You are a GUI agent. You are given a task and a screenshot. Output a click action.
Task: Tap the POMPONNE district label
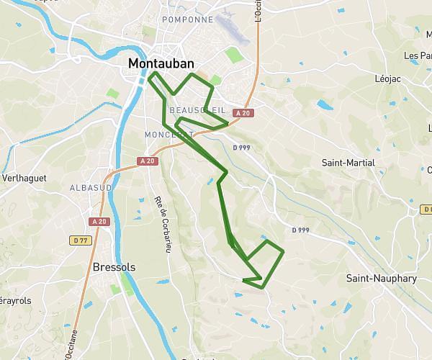pos(188,19)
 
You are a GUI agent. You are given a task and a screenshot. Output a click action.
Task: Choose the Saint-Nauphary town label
pos(381,278)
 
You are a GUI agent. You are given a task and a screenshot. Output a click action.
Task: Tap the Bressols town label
pos(114,266)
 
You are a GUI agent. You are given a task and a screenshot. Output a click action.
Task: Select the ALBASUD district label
pos(90,188)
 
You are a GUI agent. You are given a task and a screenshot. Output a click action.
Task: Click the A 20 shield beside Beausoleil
pos(246,113)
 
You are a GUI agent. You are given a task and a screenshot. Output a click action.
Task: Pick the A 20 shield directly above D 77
pos(99,222)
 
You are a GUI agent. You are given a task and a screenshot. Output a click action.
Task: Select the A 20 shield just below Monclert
pos(148,161)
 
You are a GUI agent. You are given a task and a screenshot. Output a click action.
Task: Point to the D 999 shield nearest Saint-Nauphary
pos(301,230)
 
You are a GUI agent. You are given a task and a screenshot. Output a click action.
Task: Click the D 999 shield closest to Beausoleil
pos(241,148)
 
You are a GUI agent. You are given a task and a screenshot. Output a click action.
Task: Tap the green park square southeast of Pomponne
pos(233,54)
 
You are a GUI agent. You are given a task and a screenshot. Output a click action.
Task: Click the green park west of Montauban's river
pos(112,94)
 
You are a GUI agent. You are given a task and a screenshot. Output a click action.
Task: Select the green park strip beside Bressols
pos(127,283)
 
